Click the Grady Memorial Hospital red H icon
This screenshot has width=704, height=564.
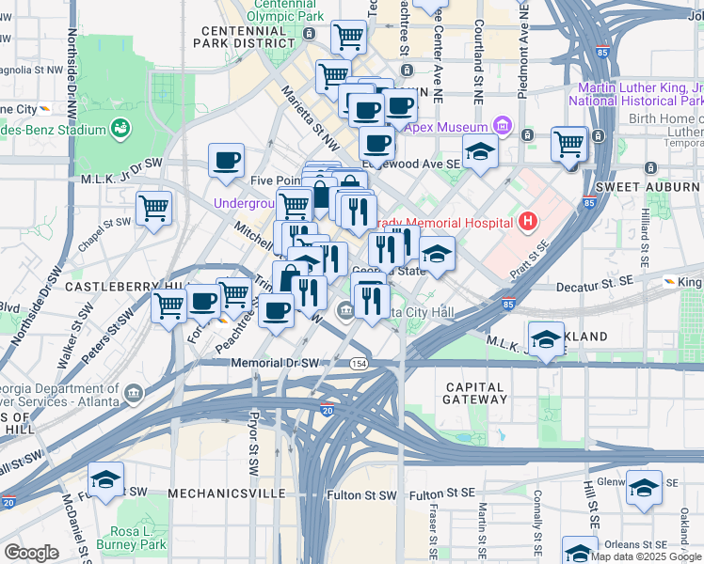tap(528, 223)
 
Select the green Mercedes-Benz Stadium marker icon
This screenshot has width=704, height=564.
tap(120, 127)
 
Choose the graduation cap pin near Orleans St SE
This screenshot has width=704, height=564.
tap(580, 551)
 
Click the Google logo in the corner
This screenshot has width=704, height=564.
tap(31, 553)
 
